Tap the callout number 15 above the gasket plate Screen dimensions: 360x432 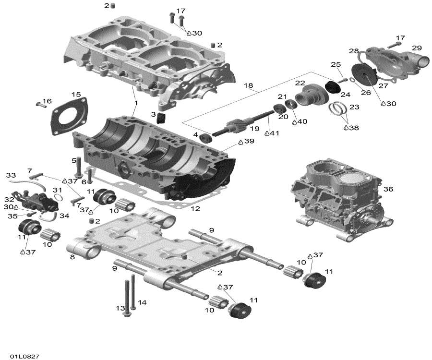76,94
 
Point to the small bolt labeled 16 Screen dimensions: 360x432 39,103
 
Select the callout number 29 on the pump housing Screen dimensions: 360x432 416,48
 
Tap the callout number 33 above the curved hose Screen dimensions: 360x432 11,176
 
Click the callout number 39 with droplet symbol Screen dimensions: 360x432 248,141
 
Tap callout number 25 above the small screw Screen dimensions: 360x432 336,65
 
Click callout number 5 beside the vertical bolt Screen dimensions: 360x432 74,160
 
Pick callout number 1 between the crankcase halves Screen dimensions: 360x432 136,103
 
